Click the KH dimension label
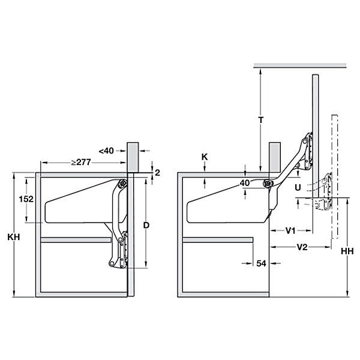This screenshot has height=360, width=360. point(14,237)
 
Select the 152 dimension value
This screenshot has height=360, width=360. point(26,199)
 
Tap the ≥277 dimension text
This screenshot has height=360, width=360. point(81,163)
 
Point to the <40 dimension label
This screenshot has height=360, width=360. point(106,151)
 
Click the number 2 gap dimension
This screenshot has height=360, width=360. point(157,172)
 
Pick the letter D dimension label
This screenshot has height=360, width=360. point(146,225)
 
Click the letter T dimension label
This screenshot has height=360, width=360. point(260,120)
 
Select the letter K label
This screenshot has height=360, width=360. point(205,157)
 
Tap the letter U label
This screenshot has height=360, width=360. point(298,188)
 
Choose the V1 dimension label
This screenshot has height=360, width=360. point(290,230)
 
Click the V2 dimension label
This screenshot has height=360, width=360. point(302,247)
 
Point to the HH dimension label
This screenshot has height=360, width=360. point(347,251)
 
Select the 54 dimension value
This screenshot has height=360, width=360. point(261,263)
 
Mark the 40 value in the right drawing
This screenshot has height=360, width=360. point(245,183)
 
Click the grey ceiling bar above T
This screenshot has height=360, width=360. point(300,65)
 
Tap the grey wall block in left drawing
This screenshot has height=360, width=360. point(133,157)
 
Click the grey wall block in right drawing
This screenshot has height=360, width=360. point(275,157)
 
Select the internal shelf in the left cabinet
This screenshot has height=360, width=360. point(76,240)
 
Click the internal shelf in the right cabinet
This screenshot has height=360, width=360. point(218,240)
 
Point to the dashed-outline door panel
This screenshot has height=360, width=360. point(335,176)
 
